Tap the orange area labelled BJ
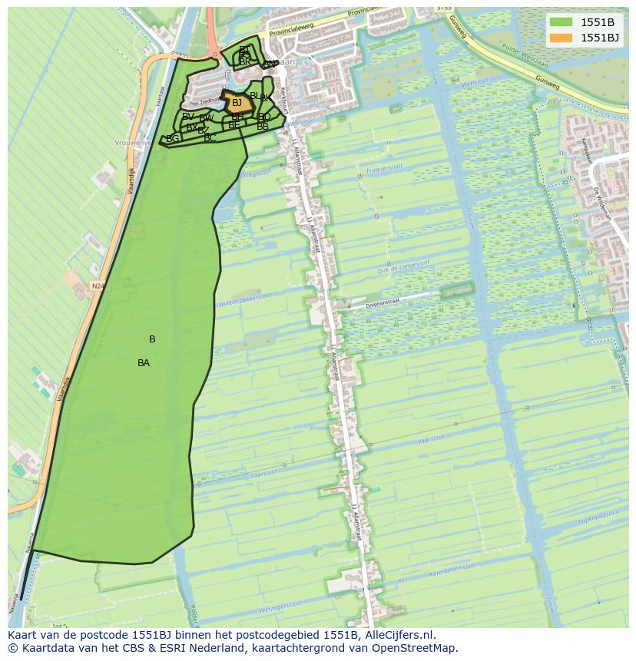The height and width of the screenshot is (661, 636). click(x=237, y=103)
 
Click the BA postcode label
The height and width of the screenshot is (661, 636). click(x=144, y=363)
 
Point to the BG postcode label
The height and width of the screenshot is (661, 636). click(x=173, y=139)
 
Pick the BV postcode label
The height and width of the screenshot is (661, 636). click(x=188, y=117)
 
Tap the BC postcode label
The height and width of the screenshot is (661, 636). click(x=210, y=138)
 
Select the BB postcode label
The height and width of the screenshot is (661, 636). click(x=263, y=127)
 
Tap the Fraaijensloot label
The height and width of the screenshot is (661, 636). click(x=385, y=170)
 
